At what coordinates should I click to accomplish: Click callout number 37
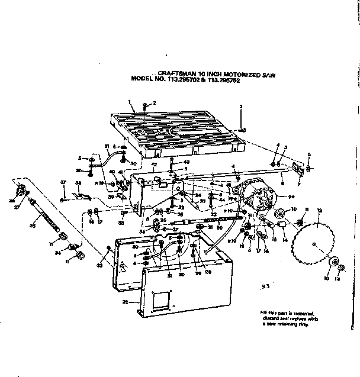(x=63, y=183)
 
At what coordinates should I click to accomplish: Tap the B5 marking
(x=268, y=286)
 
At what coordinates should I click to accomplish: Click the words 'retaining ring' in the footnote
(x=300, y=325)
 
